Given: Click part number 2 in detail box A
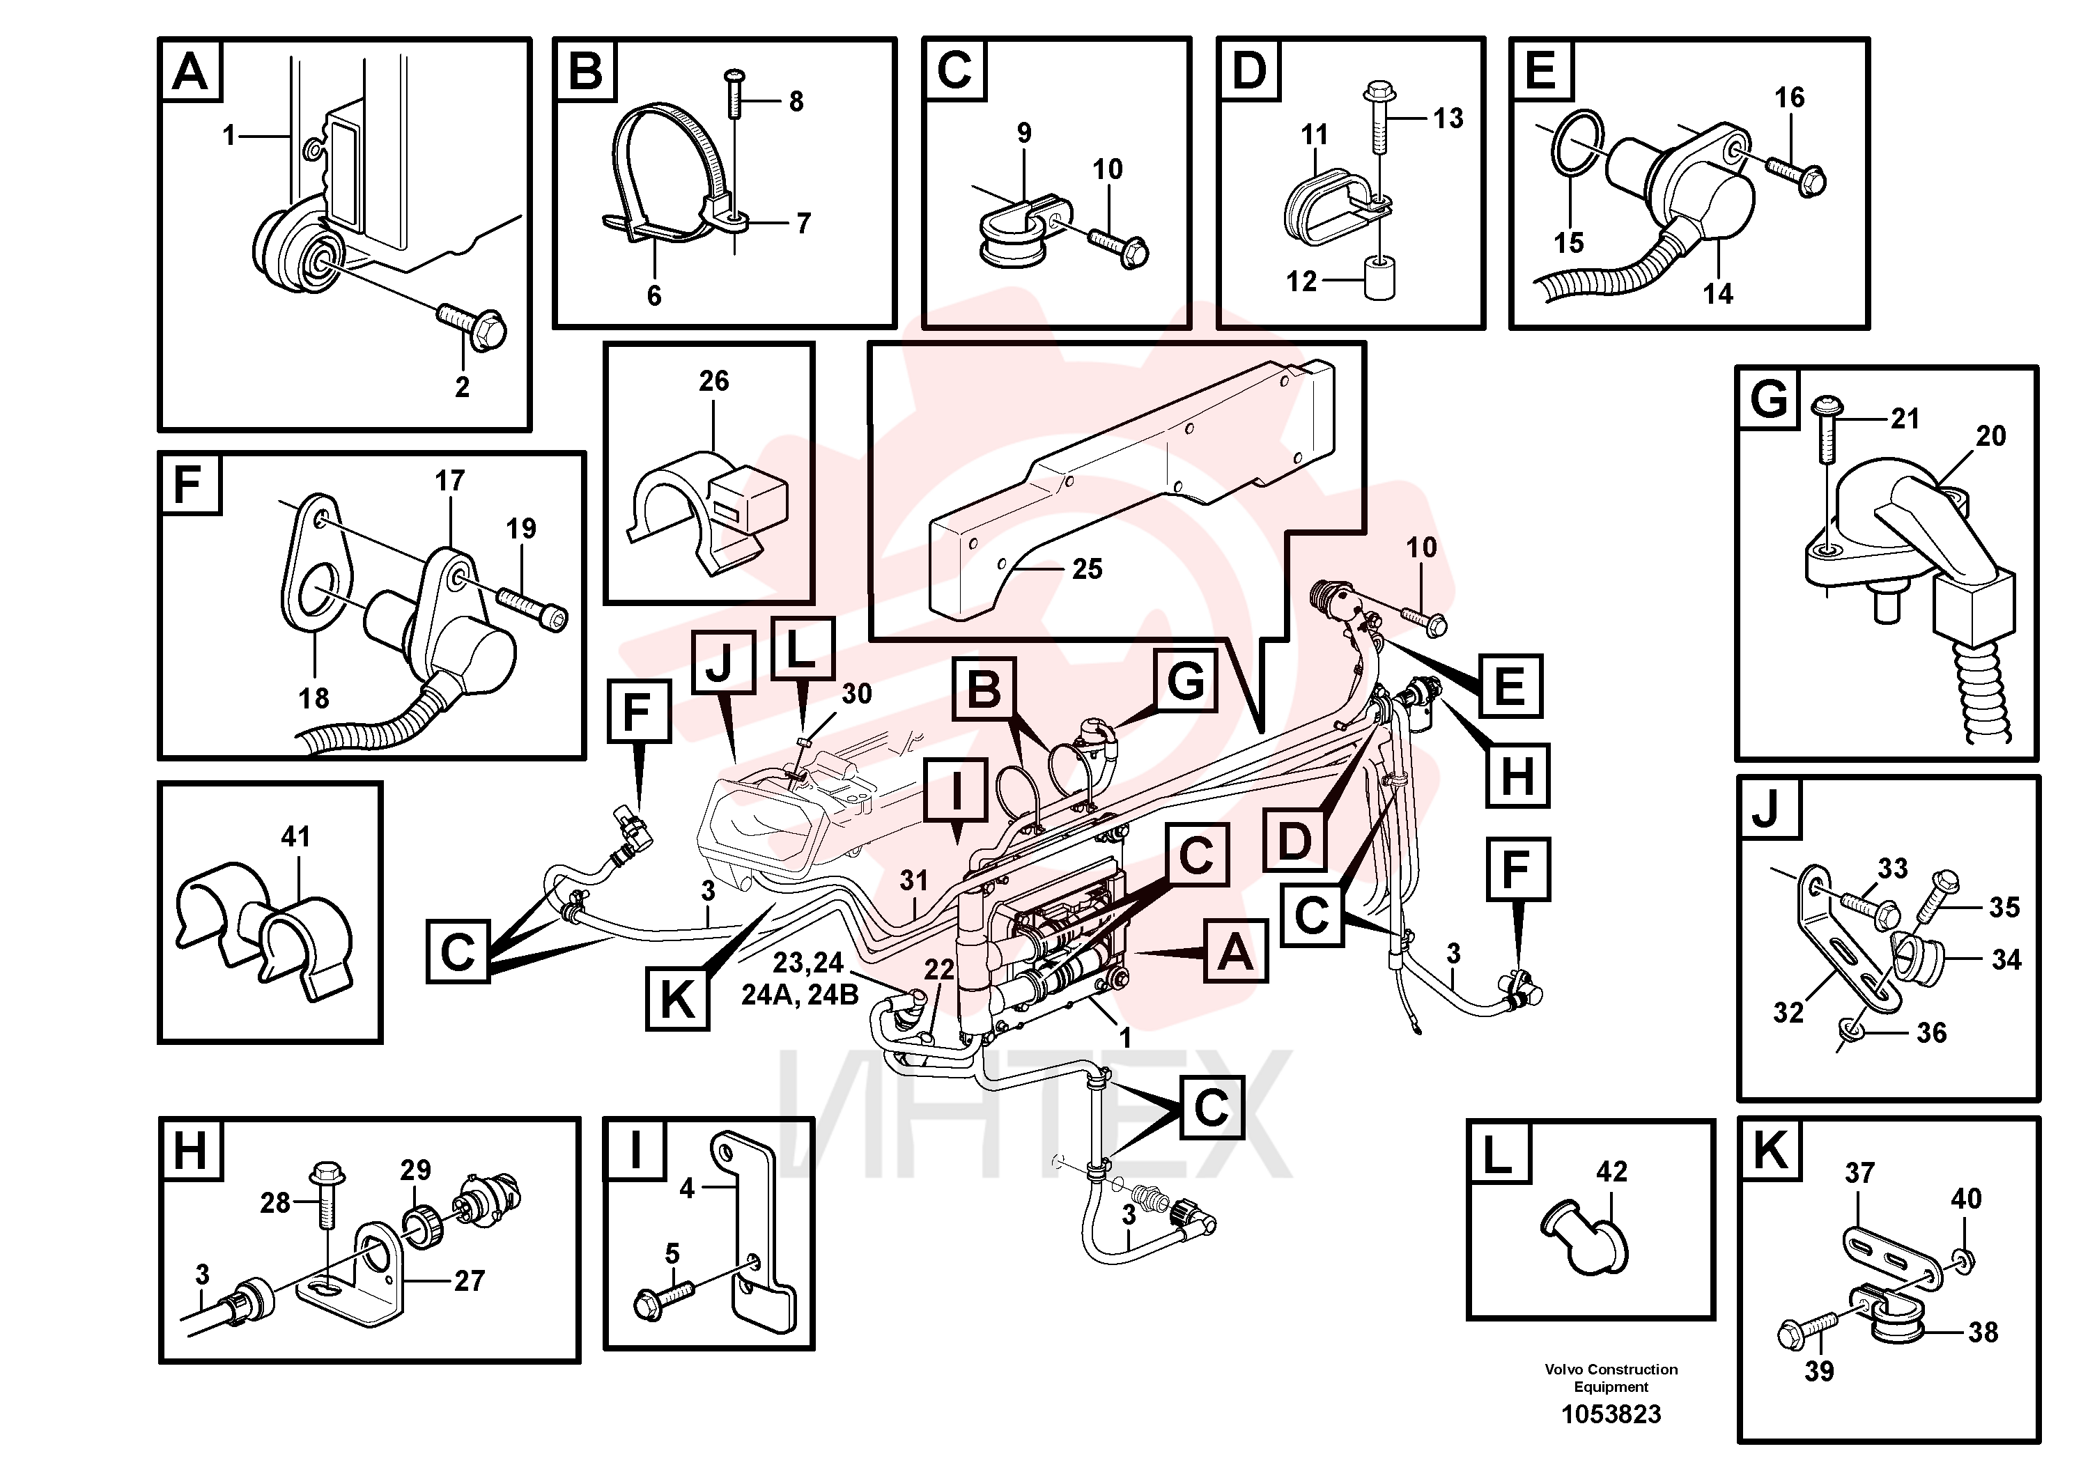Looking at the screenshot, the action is coord(462,387).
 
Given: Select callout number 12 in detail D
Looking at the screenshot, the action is coord(1301,282).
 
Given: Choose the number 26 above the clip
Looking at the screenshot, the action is coord(713,381).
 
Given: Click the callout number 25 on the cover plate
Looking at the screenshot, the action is coord(1088,568).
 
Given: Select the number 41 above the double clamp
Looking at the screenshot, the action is coord(295,837).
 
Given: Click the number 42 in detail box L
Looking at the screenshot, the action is coord(1611,1172).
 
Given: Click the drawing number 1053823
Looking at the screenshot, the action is coord(1611,1413).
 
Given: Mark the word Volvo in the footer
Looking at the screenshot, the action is coord(1563,1370).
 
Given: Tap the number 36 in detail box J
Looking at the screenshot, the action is coord(1931,1032).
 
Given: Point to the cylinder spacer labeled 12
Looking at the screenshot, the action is coord(1379,281).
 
